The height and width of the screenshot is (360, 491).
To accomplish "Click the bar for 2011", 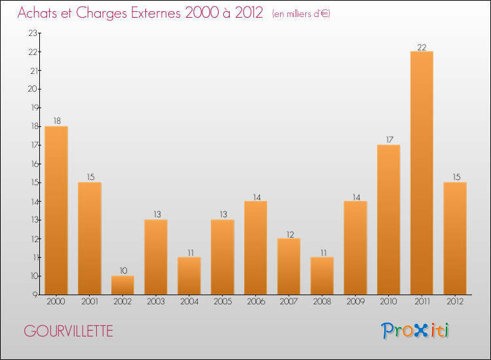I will coord(422,173).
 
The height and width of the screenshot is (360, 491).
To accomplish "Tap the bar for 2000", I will coord(56,210).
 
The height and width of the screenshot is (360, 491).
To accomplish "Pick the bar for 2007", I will coord(289,266).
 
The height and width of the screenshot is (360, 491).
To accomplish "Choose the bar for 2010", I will coord(388,219).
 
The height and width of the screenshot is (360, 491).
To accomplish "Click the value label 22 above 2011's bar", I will coord(422,46).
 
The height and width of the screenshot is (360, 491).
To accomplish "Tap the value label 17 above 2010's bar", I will coord(388,139).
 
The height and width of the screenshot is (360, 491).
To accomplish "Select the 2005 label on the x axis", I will coord(222,301).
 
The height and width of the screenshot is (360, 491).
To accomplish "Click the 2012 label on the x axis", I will coord(454,301).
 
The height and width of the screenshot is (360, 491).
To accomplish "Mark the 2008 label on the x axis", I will coord(321,301).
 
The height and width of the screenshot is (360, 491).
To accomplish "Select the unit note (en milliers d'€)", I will coord(301,14).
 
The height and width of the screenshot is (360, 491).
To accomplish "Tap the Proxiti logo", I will coord(416,331).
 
